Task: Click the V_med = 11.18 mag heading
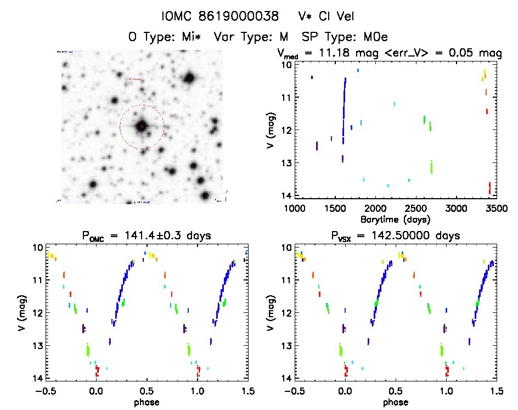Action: [329, 53]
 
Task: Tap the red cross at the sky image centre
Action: [142, 126]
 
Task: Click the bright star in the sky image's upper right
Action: [190, 78]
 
